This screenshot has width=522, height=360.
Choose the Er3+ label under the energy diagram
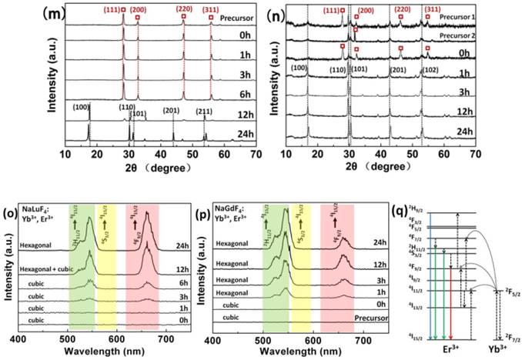click(447, 348)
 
